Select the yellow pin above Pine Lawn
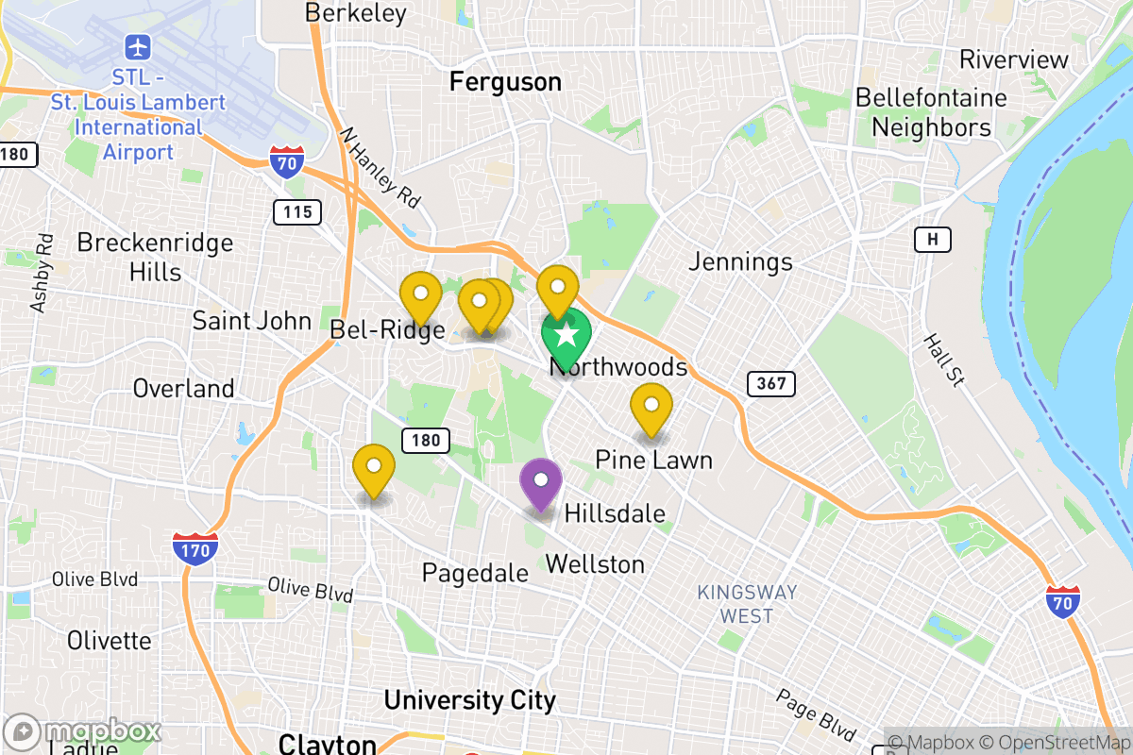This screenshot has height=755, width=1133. (651, 406)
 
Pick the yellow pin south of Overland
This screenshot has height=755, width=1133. (374, 467)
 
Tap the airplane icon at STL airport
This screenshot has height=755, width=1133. (138, 46)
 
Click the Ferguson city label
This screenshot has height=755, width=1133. (505, 82)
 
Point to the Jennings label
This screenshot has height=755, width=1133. (740, 260)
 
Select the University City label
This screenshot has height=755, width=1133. (469, 700)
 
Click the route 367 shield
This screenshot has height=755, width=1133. (770, 384)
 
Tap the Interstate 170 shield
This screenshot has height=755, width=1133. (195, 548)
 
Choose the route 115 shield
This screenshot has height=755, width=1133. (296, 211)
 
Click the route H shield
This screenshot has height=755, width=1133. (932, 240)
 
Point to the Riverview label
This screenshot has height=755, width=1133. (1014, 59)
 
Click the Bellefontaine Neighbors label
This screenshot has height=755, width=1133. (931, 112)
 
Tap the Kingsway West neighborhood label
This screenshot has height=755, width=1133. (747, 604)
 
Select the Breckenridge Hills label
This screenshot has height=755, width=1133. (155, 258)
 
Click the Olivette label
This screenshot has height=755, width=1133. (109, 641)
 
